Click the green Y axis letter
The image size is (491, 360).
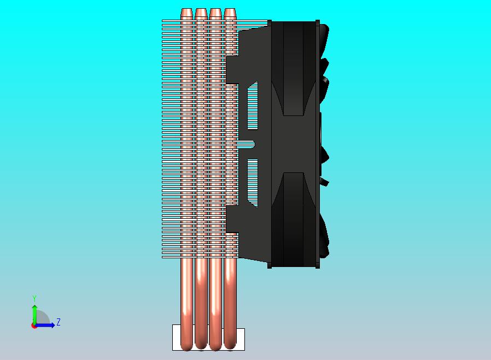[x=34, y=298]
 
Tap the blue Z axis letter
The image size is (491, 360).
[x=59, y=322]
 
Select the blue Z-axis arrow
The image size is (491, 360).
[x=44, y=326]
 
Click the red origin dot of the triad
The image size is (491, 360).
[x=33, y=326]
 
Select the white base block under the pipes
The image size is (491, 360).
[x=208, y=338]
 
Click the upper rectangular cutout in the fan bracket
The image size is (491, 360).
[x=253, y=105]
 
